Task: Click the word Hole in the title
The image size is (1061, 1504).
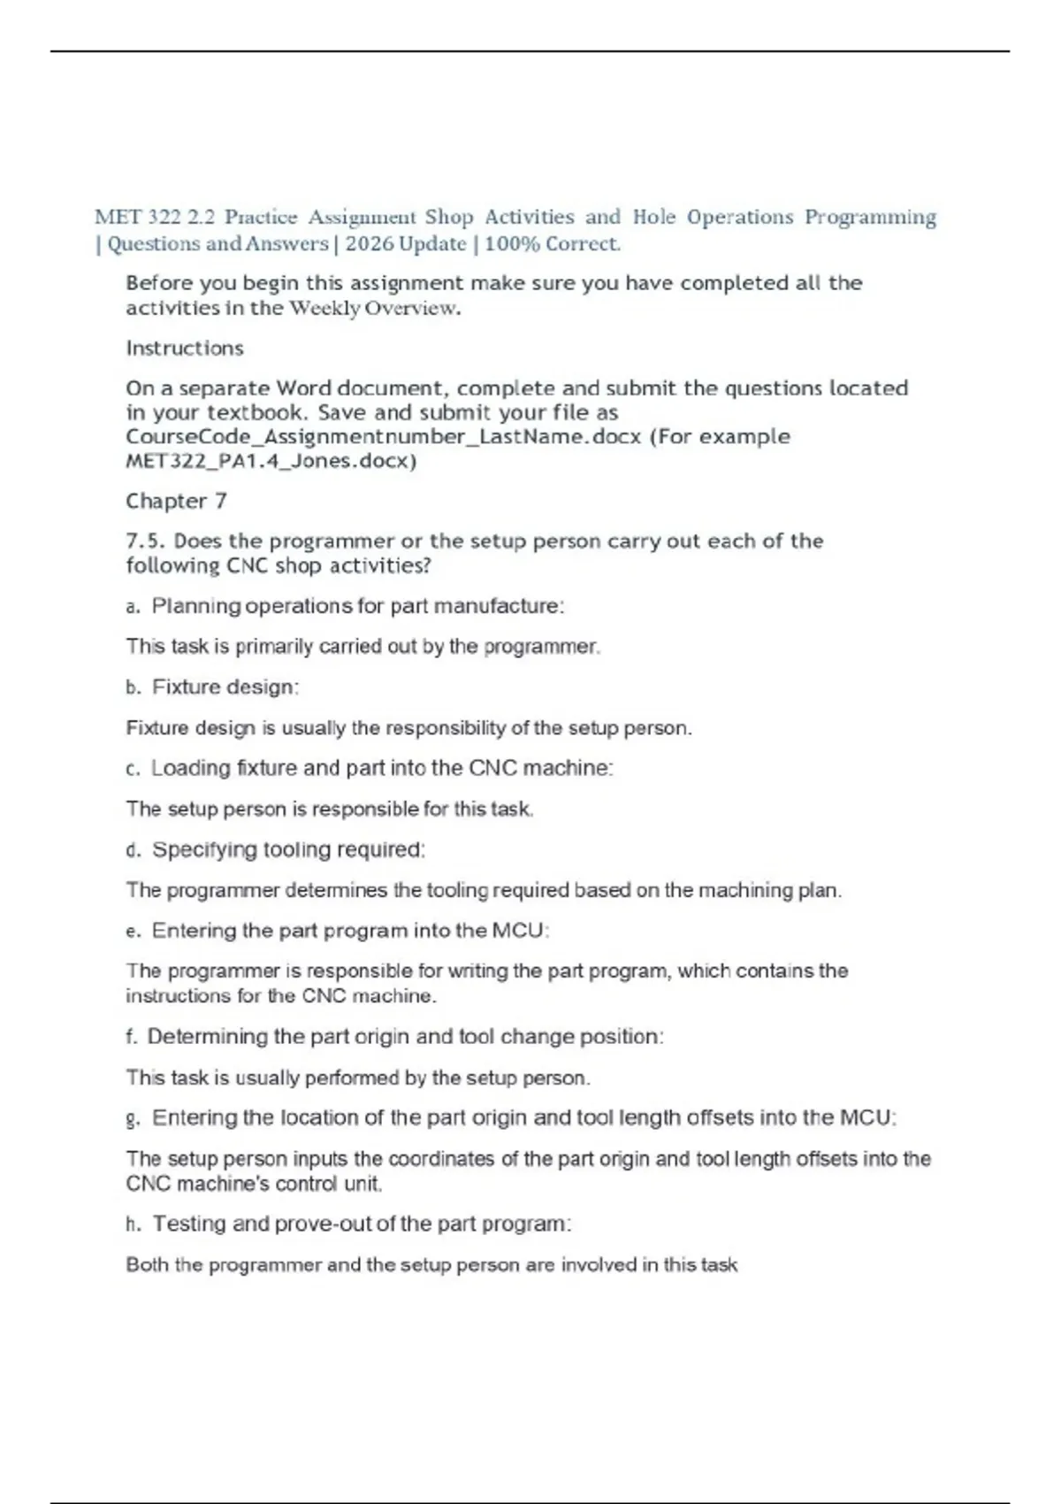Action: (653, 218)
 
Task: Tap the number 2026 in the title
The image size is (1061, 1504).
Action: (369, 244)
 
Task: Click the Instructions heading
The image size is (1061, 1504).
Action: (184, 349)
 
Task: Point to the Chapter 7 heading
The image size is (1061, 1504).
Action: (176, 502)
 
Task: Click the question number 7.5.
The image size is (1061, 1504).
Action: (145, 541)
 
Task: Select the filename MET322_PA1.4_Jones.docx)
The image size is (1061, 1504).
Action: (271, 461)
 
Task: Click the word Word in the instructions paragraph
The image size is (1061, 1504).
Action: (303, 388)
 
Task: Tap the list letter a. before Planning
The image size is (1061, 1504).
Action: (134, 607)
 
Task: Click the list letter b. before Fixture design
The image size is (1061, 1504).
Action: (134, 688)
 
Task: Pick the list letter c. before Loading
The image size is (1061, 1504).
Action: (134, 770)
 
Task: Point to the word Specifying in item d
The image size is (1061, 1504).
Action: (204, 850)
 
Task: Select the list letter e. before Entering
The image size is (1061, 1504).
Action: (134, 932)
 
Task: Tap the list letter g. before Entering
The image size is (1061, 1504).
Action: (134, 1119)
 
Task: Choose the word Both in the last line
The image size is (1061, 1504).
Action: (147, 1265)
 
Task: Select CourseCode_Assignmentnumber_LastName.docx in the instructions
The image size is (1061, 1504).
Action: (383, 437)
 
